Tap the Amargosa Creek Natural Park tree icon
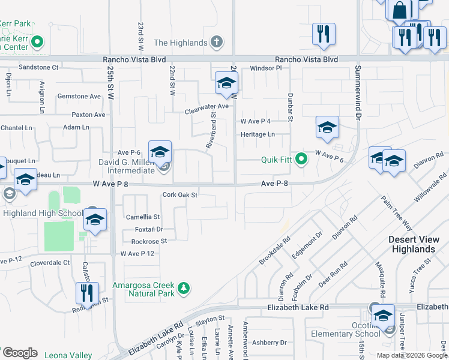pyautogui.click(x=183, y=289)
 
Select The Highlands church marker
pyautogui.click(x=217, y=43)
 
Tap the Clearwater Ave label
pyautogui.click(x=207, y=106)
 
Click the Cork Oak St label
pyautogui.click(x=180, y=195)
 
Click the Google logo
pyautogui.click(x=20, y=353)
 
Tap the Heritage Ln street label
pyautogui.click(x=258, y=134)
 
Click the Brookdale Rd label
pyautogui.click(x=275, y=251)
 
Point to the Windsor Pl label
pyautogui.click(x=266, y=68)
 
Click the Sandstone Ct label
pyautogui.click(x=39, y=68)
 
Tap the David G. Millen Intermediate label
pyautogui.click(x=128, y=166)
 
